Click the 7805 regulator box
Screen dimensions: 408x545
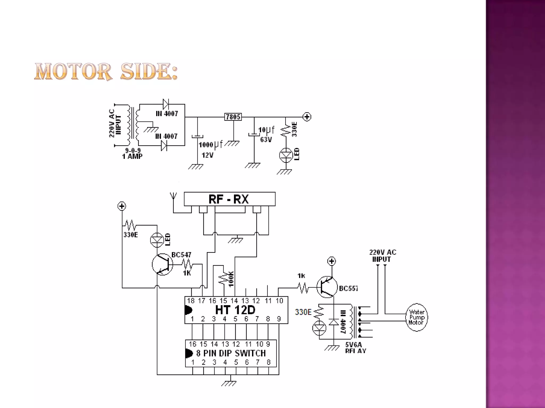click(x=233, y=117)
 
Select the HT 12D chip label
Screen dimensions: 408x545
click(x=235, y=310)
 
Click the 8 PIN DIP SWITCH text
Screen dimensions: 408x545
click(x=231, y=353)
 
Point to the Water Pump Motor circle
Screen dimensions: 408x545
click(x=416, y=317)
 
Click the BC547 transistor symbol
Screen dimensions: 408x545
click(x=162, y=264)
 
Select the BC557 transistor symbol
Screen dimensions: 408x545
click(x=327, y=287)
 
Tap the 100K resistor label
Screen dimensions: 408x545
click(x=231, y=279)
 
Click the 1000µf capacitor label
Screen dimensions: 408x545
click(x=210, y=145)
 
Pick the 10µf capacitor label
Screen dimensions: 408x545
click(x=266, y=130)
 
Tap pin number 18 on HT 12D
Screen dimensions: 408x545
click(x=191, y=301)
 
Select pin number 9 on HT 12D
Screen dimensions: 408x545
click(x=279, y=319)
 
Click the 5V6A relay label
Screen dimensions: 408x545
click(x=353, y=345)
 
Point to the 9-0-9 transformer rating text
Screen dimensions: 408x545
click(x=133, y=151)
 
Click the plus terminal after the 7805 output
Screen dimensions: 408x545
click(x=307, y=117)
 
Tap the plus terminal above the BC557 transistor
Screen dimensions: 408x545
click(x=332, y=261)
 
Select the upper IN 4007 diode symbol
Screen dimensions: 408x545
click(x=166, y=104)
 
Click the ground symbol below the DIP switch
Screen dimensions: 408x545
click(x=229, y=383)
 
